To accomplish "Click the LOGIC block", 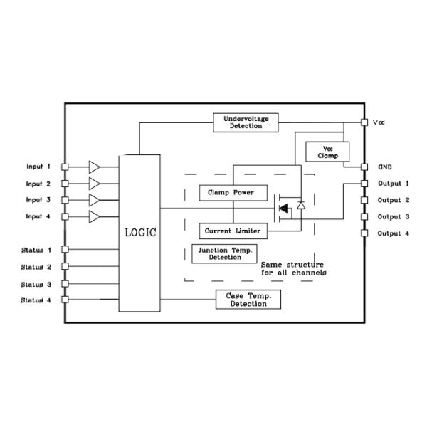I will coord(139,232).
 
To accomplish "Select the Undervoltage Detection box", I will coord(246,122).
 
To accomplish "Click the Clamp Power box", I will coord(226,192).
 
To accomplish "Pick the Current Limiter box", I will coord(232,231).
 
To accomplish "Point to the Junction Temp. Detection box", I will coord(225,253).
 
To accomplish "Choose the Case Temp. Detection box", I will coord(248,300).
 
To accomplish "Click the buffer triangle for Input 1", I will coord(94,167).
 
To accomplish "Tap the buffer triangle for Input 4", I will coord(94,216).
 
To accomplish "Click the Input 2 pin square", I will coord(65,184).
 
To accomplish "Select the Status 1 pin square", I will coord(65,250).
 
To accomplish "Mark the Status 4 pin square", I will coord(65,300).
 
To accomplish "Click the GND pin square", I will coord(364,167).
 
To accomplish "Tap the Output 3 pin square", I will coord(364,217).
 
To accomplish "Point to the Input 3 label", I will coord(38,200).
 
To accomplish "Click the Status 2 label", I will coord(36,267).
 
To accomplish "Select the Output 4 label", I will coord(394,233).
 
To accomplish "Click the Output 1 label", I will coord(394,184).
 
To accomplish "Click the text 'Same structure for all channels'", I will coord(293,268).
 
